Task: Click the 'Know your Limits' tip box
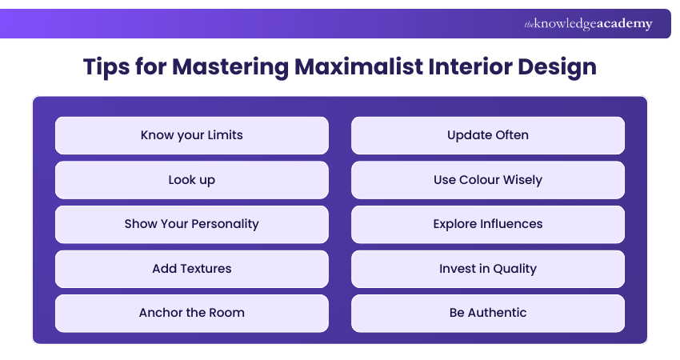[191, 135]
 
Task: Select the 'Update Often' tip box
[487, 135]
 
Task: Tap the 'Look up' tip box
[191, 180]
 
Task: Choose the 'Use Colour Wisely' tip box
[487, 180]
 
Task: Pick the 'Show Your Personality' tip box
[191, 224]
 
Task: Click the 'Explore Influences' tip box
[487, 224]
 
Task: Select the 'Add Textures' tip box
[191, 269]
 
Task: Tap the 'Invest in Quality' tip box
[487, 269]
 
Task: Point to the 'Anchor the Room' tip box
[191, 313]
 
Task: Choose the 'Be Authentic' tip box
[487, 313]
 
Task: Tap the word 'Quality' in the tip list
[516, 269]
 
